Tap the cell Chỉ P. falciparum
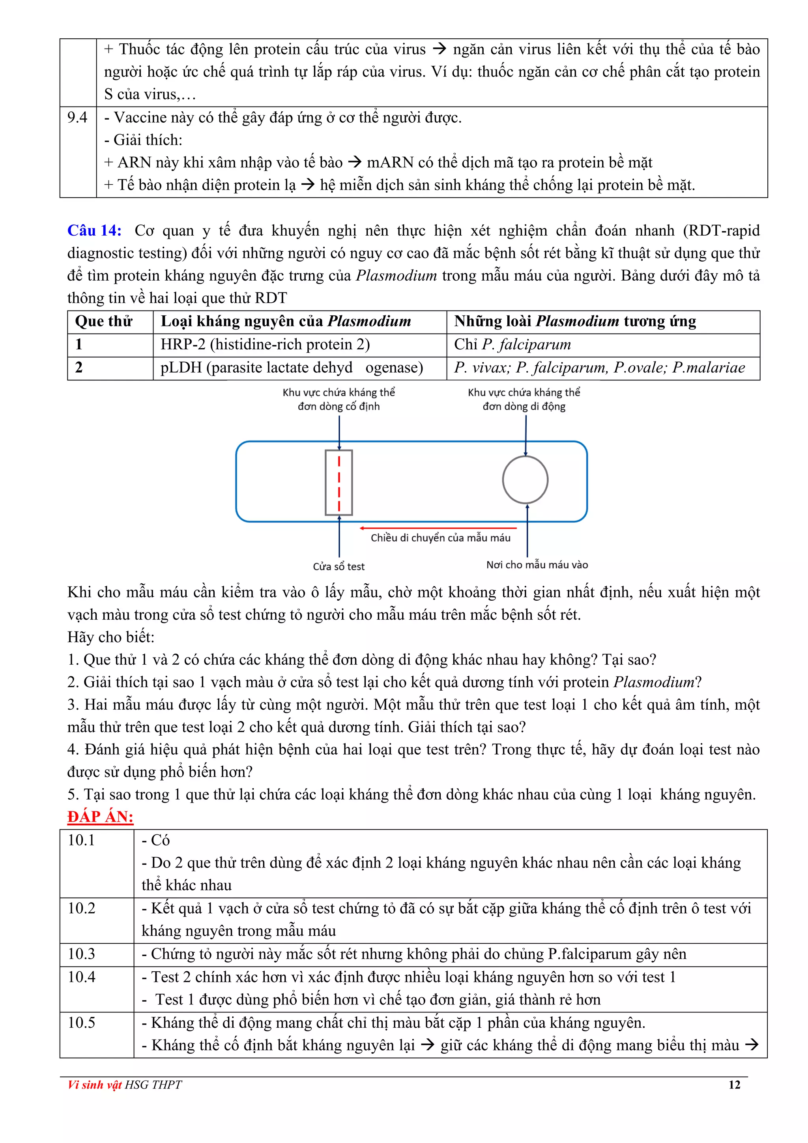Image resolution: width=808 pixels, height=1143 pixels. [512, 345]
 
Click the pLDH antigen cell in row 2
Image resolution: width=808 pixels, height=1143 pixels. [292, 368]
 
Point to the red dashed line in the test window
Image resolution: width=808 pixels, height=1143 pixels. [339, 482]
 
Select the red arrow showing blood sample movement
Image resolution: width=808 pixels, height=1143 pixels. [438, 528]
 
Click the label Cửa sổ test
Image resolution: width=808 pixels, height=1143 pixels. [339, 566]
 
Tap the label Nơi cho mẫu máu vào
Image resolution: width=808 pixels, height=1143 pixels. [537, 564]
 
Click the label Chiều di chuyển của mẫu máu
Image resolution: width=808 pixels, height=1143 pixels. [440, 538]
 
